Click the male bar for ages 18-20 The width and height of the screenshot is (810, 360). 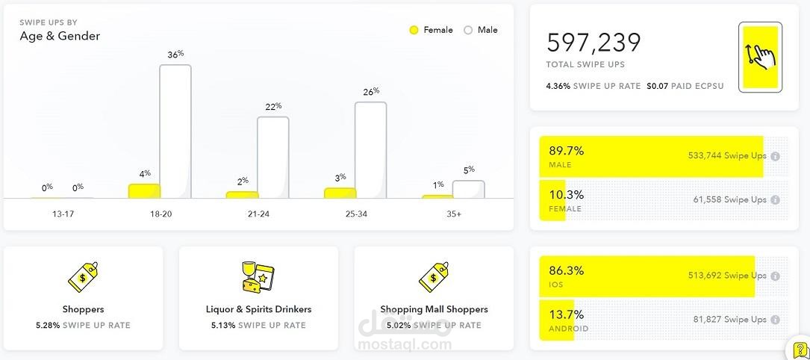pos(175,131)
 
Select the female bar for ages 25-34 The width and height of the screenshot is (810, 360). pos(340,193)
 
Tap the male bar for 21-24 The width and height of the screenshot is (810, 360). pos(273,158)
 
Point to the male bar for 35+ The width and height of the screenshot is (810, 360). pos(468,190)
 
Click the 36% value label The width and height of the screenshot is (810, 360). pos(175,55)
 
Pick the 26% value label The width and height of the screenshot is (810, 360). pos(371,92)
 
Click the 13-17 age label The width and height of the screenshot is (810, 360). pos(63,214)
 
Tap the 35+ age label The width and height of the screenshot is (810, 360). pos(453,214)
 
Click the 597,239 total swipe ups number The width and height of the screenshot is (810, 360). pos(594,43)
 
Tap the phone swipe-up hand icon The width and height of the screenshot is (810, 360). pos(760,57)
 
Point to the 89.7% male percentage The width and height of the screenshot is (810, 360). pos(567,151)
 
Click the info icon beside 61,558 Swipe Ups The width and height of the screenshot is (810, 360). pos(775,200)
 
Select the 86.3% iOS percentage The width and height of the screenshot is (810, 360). pos(567,270)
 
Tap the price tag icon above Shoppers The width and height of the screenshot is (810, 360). pos(83,277)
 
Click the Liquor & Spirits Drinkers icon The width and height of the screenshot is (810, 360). pos(258,277)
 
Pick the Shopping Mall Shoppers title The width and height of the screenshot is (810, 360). pos(434,309)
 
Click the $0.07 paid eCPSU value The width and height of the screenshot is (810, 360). pos(656,86)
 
